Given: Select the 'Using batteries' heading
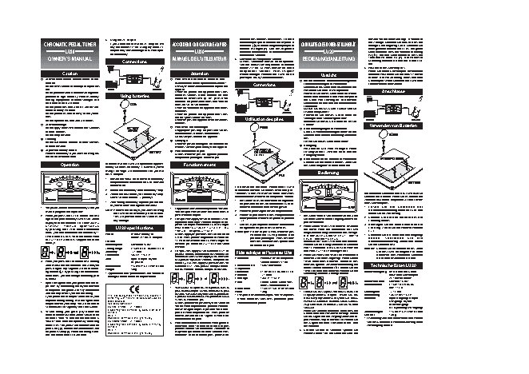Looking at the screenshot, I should tap(135, 95).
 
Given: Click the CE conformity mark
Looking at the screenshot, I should tap(134, 288).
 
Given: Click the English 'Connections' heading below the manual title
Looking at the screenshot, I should tap(135, 62).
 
